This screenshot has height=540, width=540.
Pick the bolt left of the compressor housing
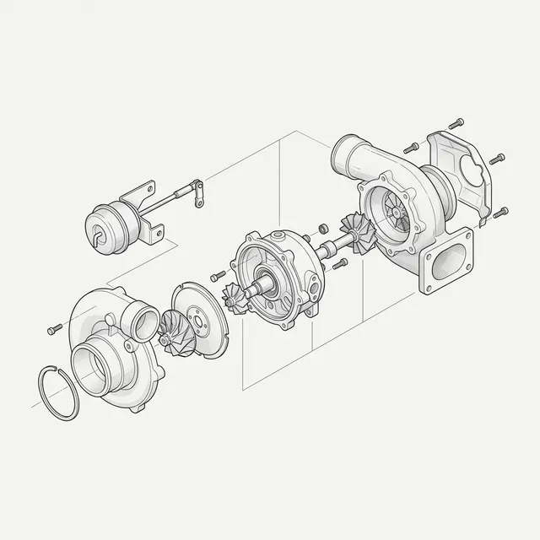click(55, 328)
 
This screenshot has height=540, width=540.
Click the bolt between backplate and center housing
click(217, 275)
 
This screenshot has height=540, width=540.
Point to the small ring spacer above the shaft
click(323, 228)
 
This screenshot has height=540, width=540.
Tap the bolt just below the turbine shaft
click(340, 264)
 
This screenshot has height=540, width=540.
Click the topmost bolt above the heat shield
click(458, 121)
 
